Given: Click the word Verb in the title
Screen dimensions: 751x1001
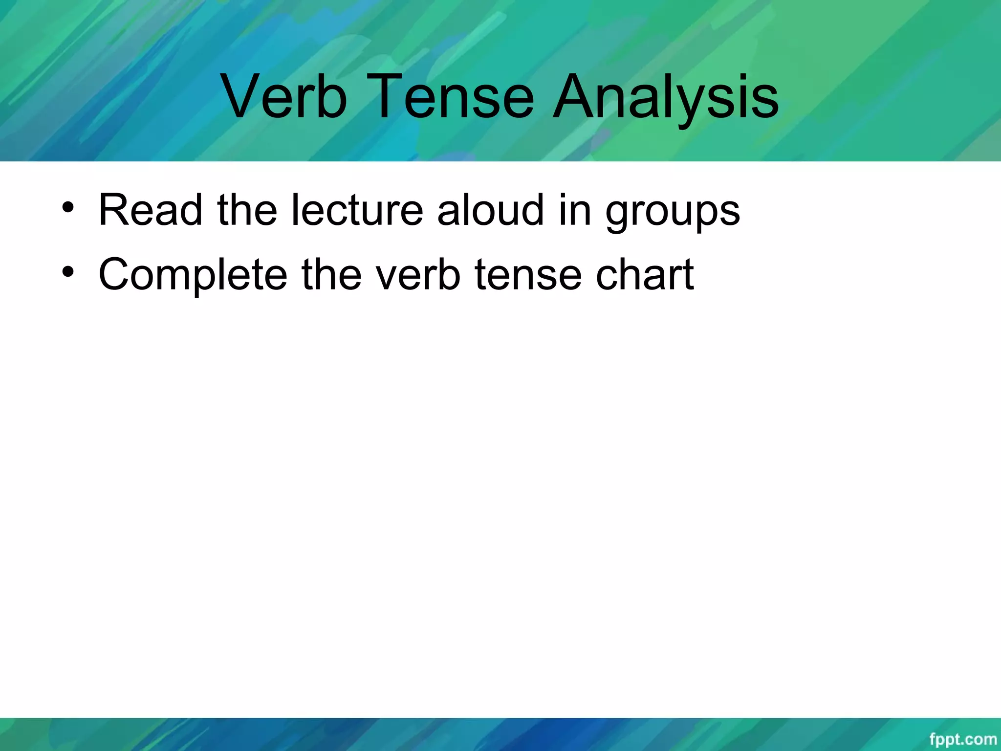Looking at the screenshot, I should (x=284, y=96).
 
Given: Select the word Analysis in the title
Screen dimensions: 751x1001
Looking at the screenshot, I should (x=665, y=96).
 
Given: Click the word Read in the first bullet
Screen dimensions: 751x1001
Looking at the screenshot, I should (x=150, y=210).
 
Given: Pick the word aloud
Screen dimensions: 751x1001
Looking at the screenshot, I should (x=490, y=210).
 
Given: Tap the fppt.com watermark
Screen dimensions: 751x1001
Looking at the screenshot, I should (x=962, y=739).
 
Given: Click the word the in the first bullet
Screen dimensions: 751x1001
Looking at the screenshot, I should (x=247, y=210).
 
